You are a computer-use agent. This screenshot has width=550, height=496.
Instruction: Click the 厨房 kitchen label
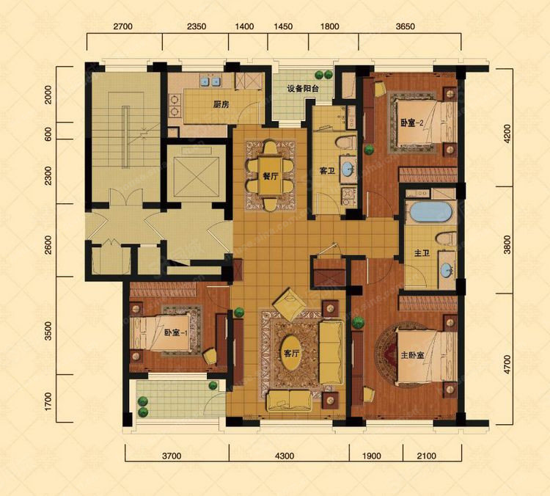click(221, 104)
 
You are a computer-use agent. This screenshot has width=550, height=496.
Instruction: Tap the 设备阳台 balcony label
click(303, 89)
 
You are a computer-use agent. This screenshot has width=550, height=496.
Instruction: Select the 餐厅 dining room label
click(271, 176)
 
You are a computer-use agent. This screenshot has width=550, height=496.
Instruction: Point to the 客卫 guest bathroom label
click(327, 171)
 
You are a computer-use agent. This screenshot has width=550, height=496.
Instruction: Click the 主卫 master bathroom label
click(422, 252)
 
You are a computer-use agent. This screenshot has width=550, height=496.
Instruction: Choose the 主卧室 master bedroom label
click(412, 355)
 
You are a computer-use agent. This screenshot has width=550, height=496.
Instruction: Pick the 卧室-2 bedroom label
click(412, 123)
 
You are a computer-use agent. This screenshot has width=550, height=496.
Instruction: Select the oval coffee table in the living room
click(291, 353)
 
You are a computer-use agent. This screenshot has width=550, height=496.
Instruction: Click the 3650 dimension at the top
click(405, 26)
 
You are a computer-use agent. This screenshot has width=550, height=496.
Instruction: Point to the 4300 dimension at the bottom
click(285, 456)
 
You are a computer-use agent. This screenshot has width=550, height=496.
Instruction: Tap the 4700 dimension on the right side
click(507, 364)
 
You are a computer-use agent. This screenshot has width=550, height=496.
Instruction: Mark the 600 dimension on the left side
click(48, 134)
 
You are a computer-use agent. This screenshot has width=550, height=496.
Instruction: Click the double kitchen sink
click(210, 81)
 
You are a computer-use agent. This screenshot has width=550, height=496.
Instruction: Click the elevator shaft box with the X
click(197, 175)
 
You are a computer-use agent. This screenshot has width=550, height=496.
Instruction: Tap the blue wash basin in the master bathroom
click(447, 270)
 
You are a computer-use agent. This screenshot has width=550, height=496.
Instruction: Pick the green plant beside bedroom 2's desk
click(369, 150)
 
